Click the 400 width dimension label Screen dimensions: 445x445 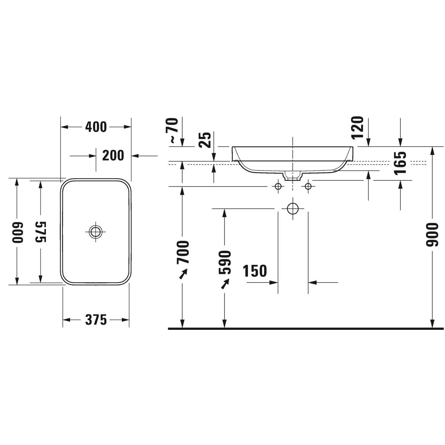coord(96,127)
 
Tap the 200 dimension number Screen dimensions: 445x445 coord(113,155)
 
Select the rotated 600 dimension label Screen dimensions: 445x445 coord(18,232)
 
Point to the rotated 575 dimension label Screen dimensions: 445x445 coord(41,232)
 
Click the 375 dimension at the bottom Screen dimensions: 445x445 coord(96,320)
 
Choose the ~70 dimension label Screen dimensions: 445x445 coord(172,131)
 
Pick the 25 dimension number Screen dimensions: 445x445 coord(205,140)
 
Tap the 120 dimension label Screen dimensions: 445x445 coord(357,128)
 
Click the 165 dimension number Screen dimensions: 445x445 coord(400,163)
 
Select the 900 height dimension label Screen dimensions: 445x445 coord(432,235)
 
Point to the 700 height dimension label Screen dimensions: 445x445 coord(183,252)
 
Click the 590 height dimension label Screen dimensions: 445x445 coord(225,262)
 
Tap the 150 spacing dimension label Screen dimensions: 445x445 coord(255,271)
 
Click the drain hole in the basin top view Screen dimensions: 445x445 coord(96,232)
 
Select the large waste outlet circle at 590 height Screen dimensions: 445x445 coord(293,209)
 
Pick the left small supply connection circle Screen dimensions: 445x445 coord(278,186)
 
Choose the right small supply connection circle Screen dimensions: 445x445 coord(308,186)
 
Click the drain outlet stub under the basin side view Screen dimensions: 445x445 coord(293,176)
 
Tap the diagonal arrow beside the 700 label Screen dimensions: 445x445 coord(183,274)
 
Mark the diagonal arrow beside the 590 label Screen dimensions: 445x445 coord(225,284)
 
